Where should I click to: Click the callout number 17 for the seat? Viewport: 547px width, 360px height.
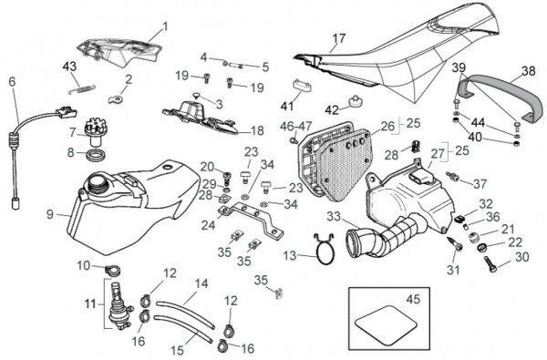click(x=339, y=38)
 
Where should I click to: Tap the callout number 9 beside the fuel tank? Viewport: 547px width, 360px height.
click(x=50, y=214)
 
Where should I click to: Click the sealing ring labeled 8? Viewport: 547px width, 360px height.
click(x=95, y=155)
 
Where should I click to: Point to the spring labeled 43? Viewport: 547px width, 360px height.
click(x=82, y=90)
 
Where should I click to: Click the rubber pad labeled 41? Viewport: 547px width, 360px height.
click(x=301, y=85)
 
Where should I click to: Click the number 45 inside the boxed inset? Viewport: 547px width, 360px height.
click(x=413, y=299)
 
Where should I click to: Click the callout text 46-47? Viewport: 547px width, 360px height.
click(x=296, y=126)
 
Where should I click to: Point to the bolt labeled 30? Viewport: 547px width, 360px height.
click(x=490, y=263)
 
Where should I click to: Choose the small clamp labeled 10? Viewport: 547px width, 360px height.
click(x=112, y=269)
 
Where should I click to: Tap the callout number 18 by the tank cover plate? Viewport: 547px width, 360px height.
click(x=257, y=130)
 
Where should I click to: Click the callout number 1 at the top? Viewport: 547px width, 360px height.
click(x=165, y=26)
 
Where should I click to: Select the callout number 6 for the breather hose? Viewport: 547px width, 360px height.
click(x=12, y=82)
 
